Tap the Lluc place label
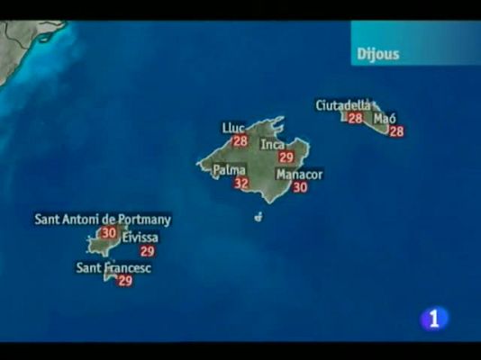pos(233,128)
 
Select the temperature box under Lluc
pos(240,141)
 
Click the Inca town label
pos(273,144)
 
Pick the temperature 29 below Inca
pos(286,157)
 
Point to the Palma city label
pos(230,169)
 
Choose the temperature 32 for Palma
pos(240,184)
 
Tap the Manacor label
pos(300,174)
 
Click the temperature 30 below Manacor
pos(300,187)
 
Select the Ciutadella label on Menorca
pos(343,105)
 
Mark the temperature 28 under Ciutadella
pos(355,118)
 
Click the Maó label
pos(385,118)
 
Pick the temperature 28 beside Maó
pos(395,131)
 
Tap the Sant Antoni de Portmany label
pos(103,219)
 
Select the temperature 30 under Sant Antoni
pos(108,232)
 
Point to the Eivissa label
pos(140,238)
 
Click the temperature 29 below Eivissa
pos(147,251)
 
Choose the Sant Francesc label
pos(113,267)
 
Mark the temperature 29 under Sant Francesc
pos(125,281)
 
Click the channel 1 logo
pos(435,319)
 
